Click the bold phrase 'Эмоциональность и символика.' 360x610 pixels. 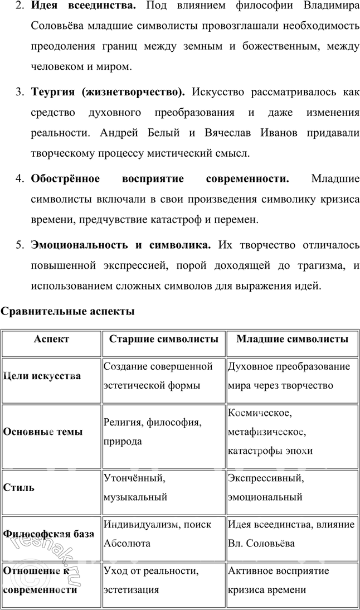point(121,245)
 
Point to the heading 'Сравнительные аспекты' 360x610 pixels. point(67,311)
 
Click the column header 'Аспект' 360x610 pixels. point(51,339)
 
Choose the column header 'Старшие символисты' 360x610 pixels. point(163,339)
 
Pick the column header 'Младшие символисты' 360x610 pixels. point(293,339)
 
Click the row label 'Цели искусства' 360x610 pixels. point(42,376)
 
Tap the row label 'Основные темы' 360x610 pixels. point(43,432)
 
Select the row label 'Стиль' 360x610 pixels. point(19,487)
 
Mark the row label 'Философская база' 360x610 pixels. point(48,534)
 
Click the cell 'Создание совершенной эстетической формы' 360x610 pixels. point(158,376)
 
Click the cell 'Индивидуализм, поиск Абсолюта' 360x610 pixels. point(154,534)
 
